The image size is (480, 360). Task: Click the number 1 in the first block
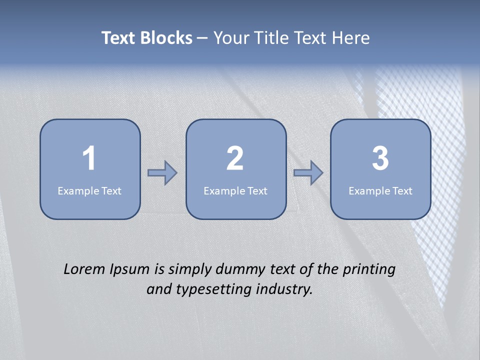click(x=89, y=158)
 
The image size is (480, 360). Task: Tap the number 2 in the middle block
click(x=235, y=158)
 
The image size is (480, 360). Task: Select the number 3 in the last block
click(x=380, y=158)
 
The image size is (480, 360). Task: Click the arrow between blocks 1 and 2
click(x=162, y=172)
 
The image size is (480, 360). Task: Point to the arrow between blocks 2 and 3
click(x=308, y=172)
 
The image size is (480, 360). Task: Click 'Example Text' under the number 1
click(x=89, y=191)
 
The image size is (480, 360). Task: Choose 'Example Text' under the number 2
click(x=235, y=191)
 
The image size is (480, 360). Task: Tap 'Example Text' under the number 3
click(x=380, y=191)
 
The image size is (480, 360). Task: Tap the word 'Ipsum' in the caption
click(x=129, y=270)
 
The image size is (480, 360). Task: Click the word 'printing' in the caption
click(x=369, y=270)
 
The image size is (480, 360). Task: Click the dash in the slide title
click(x=202, y=38)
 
